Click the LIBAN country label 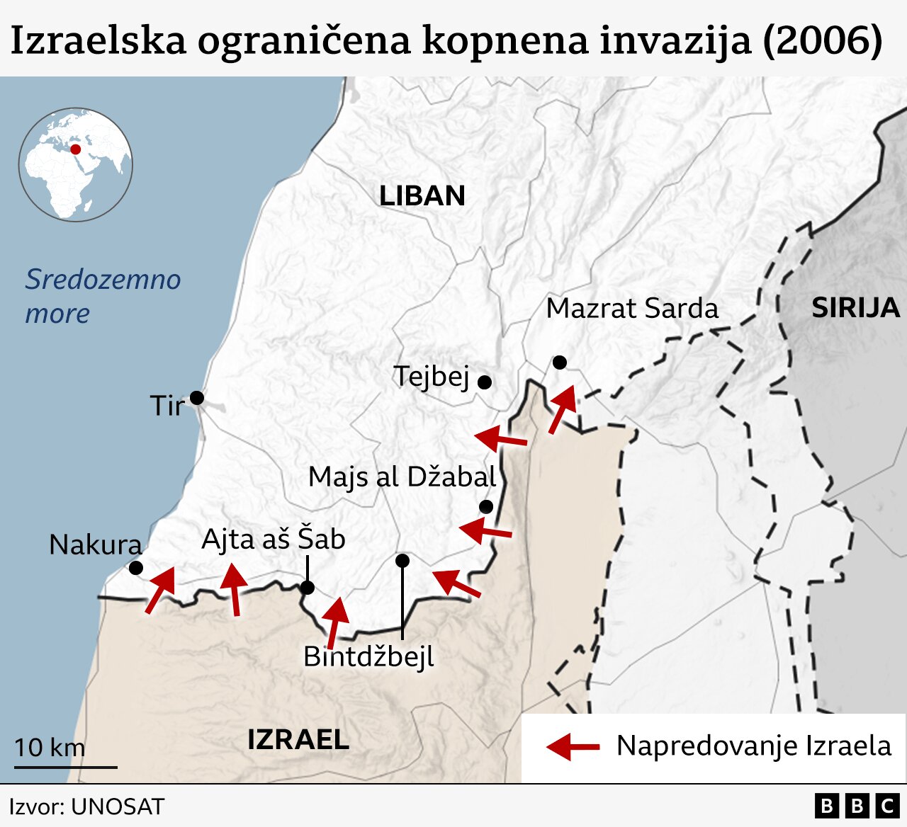pyautogui.click(x=422, y=195)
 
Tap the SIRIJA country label pyautogui.click(x=855, y=308)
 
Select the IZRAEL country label pyautogui.click(x=298, y=739)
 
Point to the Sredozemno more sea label pyautogui.click(x=103, y=296)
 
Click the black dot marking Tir pyautogui.click(x=197, y=398)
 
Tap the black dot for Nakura pyautogui.click(x=135, y=568)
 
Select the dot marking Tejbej pyautogui.click(x=485, y=382)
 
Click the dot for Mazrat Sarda pyautogui.click(x=560, y=363)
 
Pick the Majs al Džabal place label pyautogui.click(x=402, y=477)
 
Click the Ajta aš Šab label pyautogui.click(x=274, y=539)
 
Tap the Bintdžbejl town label pyautogui.click(x=368, y=656)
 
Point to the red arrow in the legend pyautogui.click(x=573, y=746)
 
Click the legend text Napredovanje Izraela pyautogui.click(x=754, y=746)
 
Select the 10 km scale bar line pyautogui.click(x=66, y=767)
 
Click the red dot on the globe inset pyautogui.click(x=75, y=149)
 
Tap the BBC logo pyautogui.click(x=857, y=806)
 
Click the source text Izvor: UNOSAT pyautogui.click(x=86, y=806)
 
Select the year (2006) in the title pyautogui.click(x=823, y=40)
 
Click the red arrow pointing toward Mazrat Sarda pyautogui.click(x=563, y=409)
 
